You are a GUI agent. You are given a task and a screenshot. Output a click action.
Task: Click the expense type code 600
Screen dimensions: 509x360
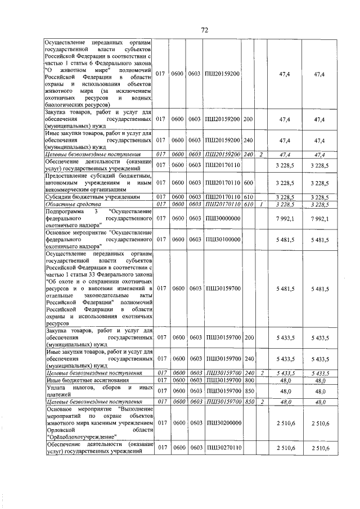[x=249, y=183]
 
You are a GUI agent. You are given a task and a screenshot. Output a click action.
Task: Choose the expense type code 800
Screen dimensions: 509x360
[x=249, y=380]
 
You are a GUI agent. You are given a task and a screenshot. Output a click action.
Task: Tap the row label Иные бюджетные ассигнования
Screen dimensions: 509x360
[x=85, y=380]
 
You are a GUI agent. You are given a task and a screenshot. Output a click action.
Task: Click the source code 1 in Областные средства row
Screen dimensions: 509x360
[x=260, y=204]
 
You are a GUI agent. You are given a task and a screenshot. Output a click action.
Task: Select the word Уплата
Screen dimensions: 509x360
[x=57, y=388]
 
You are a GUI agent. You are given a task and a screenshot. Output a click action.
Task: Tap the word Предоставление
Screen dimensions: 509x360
[x=73, y=175]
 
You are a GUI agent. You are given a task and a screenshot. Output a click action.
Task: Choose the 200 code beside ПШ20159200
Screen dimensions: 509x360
[x=249, y=119]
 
